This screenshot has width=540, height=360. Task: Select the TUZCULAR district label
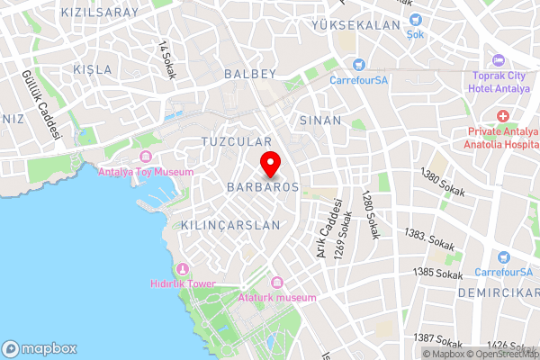point(236,143)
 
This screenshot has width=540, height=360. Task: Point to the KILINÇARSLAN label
point(230,225)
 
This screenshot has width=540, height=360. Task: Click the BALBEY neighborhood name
point(249,73)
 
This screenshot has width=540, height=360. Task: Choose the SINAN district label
point(319,120)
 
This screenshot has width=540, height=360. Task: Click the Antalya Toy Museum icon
point(144,157)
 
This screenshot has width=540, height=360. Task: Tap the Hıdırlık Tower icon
point(183,269)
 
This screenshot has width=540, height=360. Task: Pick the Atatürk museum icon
point(277,283)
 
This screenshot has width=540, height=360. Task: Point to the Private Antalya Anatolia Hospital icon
point(502,117)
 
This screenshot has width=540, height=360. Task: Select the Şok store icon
point(414,20)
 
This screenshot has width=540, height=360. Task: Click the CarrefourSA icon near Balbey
point(357,66)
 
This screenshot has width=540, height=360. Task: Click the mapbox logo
point(40,348)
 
